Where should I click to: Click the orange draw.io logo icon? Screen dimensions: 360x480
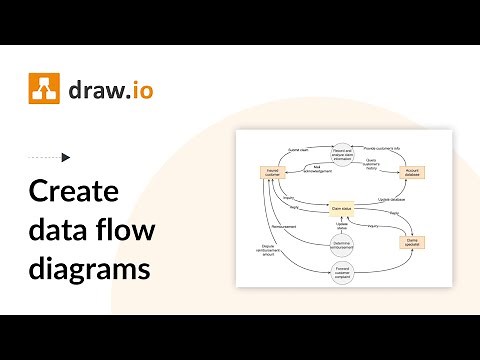pos(43,90)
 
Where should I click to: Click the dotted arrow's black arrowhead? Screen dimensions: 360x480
pos(66,157)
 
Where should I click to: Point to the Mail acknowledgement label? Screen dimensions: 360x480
pos(316,168)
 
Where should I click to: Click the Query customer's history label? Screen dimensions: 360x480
pos(371,166)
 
